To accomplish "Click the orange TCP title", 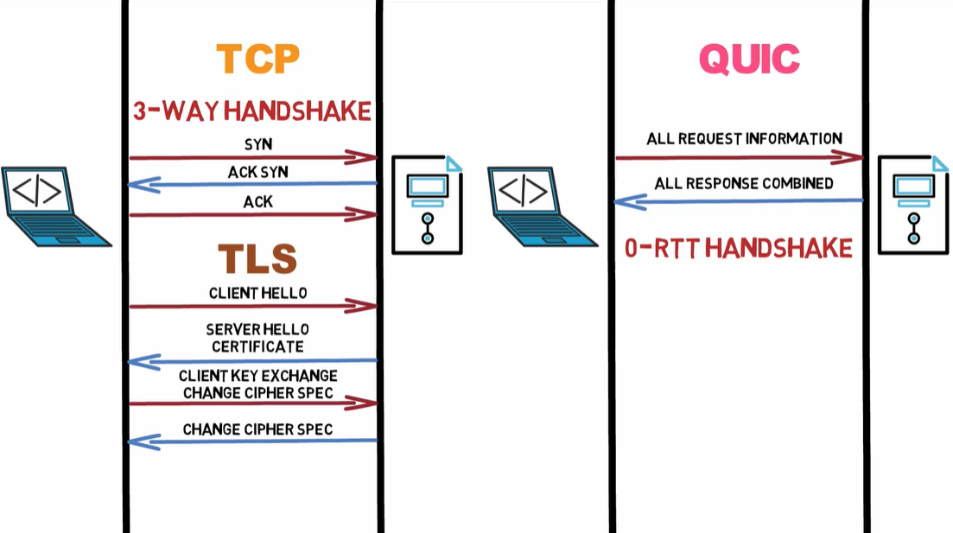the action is [x=257, y=58].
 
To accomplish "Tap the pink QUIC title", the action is [x=749, y=59].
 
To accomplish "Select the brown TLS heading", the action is [x=257, y=258].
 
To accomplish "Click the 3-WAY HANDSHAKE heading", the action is [x=252, y=111].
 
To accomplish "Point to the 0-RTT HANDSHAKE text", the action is [x=739, y=249].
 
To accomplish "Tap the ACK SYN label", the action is [x=257, y=172].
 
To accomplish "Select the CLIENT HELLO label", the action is [x=257, y=293].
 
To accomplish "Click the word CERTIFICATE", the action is [x=257, y=346].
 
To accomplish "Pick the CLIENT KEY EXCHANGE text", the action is [x=257, y=376].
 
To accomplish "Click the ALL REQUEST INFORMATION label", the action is [x=744, y=138].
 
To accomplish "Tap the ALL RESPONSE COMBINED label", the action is [x=744, y=183].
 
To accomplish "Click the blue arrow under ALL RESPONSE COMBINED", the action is [x=739, y=201].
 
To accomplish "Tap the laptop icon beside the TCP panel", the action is [x=54, y=207].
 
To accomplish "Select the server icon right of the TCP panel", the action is [x=427, y=206].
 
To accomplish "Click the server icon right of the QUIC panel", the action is [x=912, y=206].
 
